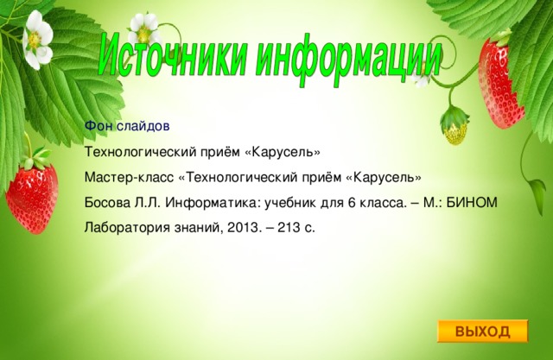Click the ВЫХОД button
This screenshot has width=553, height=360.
pyautogui.click(x=481, y=332)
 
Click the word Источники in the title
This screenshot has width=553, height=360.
pyautogui.click(x=173, y=54)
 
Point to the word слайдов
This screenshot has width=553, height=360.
pyautogui.click(x=136, y=127)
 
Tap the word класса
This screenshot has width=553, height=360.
pyautogui.click(x=373, y=203)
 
